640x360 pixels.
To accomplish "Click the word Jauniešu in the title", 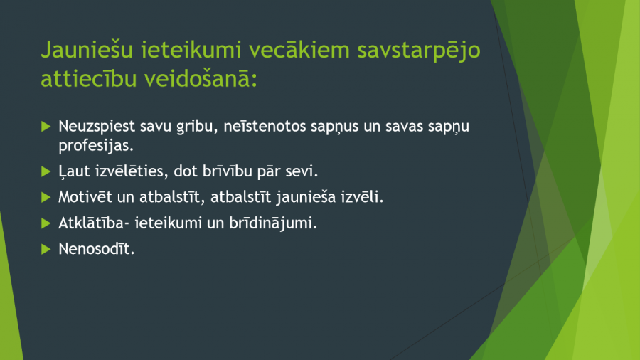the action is (x=87, y=50).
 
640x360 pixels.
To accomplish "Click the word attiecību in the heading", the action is (x=89, y=78).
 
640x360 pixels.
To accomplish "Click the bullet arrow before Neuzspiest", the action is (x=46, y=127).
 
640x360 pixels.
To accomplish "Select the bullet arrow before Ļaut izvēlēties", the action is (x=46, y=172).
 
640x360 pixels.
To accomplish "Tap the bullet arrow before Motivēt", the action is (x=46, y=198).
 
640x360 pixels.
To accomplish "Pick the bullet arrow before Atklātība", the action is (x=46, y=223).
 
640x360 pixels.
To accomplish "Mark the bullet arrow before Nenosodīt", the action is (x=46, y=249).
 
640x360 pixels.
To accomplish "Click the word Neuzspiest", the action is (x=97, y=127).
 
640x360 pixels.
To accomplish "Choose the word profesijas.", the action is (x=96, y=146).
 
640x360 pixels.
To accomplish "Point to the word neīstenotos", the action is (x=265, y=126).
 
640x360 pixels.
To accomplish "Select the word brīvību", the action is (x=228, y=171).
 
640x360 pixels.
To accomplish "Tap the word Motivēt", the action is (x=85, y=197).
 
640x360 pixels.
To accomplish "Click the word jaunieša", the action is (x=306, y=198).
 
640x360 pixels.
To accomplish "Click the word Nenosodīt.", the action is (x=96, y=248).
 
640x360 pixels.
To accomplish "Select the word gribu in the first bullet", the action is (x=198, y=127).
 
